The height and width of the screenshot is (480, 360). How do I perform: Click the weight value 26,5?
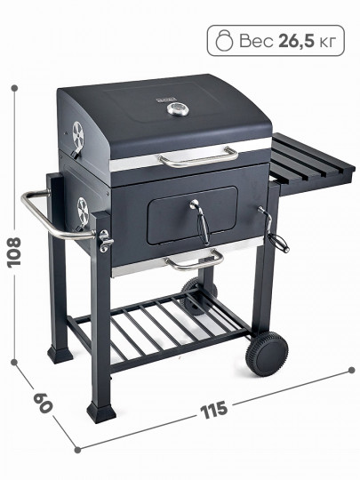pyautogui.click(x=296, y=41)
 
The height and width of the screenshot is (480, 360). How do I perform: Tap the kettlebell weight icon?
pyautogui.click(x=224, y=40)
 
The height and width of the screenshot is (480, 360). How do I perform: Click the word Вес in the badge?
pyautogui.click(x=256, y=41)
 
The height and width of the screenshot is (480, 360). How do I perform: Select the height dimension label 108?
pyautogui.click(x=14, y=252)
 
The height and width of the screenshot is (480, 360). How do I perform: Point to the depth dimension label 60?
pyautogui.click(x=43, y=403)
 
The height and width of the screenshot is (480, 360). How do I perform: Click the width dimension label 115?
pyautogui.click(x=214, y=409)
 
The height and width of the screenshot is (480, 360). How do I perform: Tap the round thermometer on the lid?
pyautogui.click(x=177, y=109)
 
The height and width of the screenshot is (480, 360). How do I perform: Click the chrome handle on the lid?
pyautogui.click(x=198, y=157)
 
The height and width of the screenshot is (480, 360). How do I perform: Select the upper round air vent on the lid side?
pyautogui.click(x=77, y=133)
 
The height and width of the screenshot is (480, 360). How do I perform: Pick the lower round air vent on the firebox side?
pyautogui.click(x=83, y=210)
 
